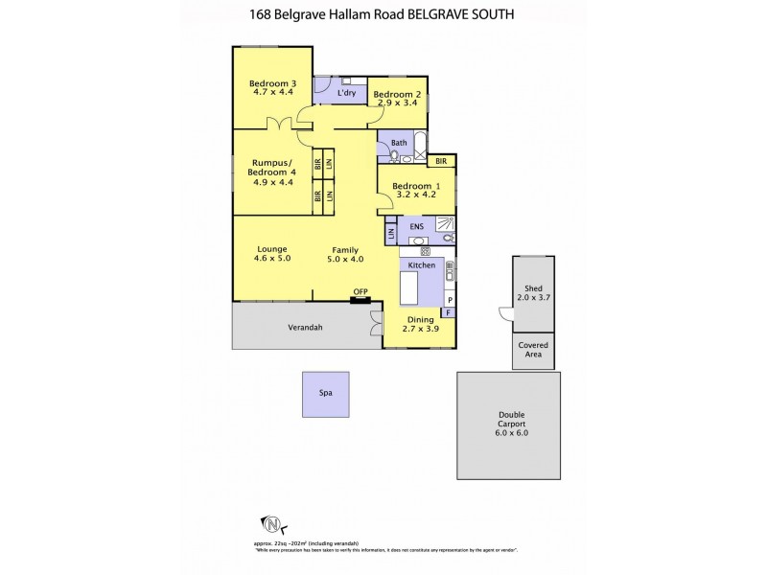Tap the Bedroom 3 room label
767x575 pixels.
coord(272,82)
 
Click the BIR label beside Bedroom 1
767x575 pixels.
coord(441,163)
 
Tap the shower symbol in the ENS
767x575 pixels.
coord(447,222)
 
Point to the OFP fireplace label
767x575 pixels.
coord(360,291)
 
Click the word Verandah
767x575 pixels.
coord(305,327)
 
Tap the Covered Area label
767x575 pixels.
coord(533,350)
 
